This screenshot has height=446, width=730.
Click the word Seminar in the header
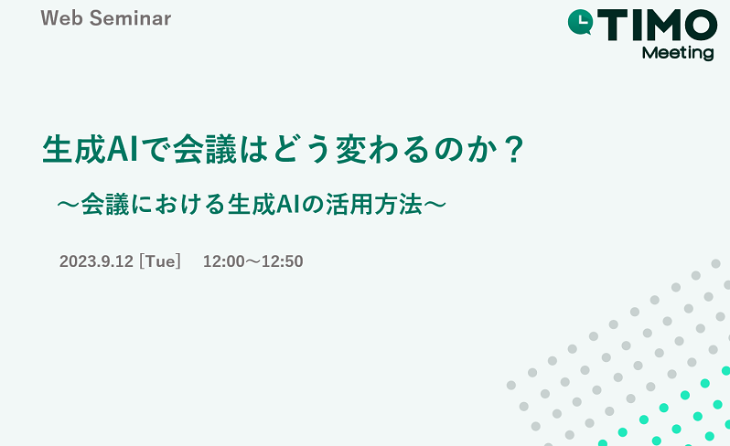pos(130,18)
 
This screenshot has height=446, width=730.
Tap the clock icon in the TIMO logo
pos(580,22)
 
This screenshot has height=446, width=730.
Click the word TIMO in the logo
pos(658,26)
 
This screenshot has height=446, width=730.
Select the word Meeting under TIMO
pos(678,53)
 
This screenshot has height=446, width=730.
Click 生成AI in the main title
pos(91,149)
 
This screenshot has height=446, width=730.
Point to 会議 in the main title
pos(205,149)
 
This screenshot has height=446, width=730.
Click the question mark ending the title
pos(514,149)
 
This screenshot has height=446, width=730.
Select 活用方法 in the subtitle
pos(374,205)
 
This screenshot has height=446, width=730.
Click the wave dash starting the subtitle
pos(69,205)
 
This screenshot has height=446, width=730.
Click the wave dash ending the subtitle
pos(435,205)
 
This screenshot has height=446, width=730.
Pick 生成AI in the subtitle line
pos(263,205)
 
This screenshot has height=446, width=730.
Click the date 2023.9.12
pos(96,261)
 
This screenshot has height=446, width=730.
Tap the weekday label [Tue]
pos(160,261)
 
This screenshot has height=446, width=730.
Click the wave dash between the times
pos(252,261)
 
